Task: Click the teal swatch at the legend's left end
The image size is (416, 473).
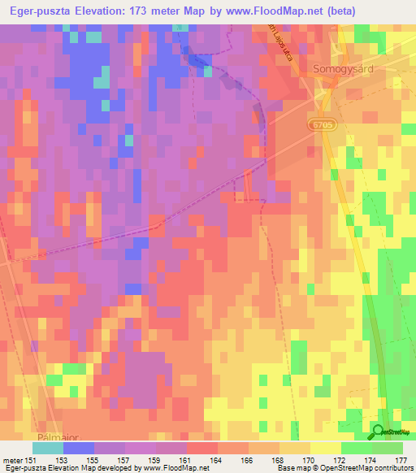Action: (48, 448)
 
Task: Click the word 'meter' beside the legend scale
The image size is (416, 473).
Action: (12, 459)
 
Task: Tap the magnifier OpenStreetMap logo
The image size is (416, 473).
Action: (378, 432)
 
